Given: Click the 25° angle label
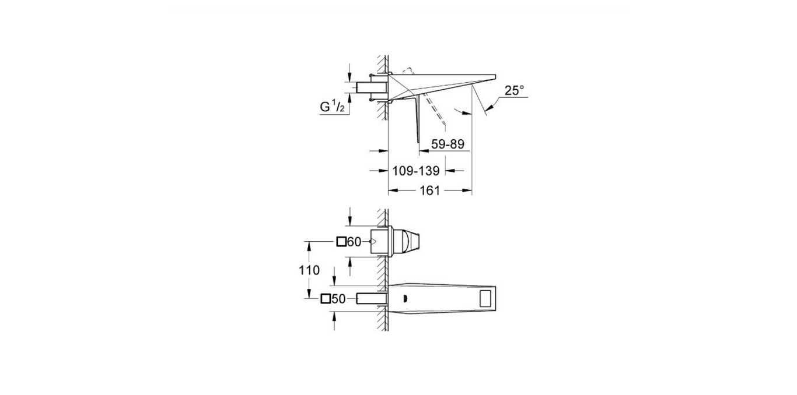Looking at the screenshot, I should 514,90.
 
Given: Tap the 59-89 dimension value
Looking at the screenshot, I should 448,144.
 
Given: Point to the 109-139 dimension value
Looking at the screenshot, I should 415,171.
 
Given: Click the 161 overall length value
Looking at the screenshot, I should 429,191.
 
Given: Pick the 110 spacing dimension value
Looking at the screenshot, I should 309,270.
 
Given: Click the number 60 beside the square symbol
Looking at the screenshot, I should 354,242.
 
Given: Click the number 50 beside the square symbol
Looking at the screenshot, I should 338,299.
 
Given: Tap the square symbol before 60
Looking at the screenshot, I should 341,242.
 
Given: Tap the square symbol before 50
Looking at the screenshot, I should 326,299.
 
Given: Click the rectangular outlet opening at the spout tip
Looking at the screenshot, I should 486,299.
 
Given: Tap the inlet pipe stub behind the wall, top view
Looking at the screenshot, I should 372,87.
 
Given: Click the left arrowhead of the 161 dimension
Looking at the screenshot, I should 391,190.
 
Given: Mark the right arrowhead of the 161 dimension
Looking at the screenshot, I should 468,190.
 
